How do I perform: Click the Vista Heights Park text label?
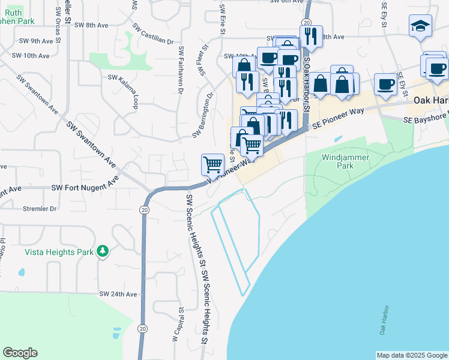point(59,252)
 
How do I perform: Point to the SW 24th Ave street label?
point(118,295)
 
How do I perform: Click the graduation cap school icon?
point(420,26)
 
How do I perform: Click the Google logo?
point(20,353)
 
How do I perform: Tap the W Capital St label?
point(179,325)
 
